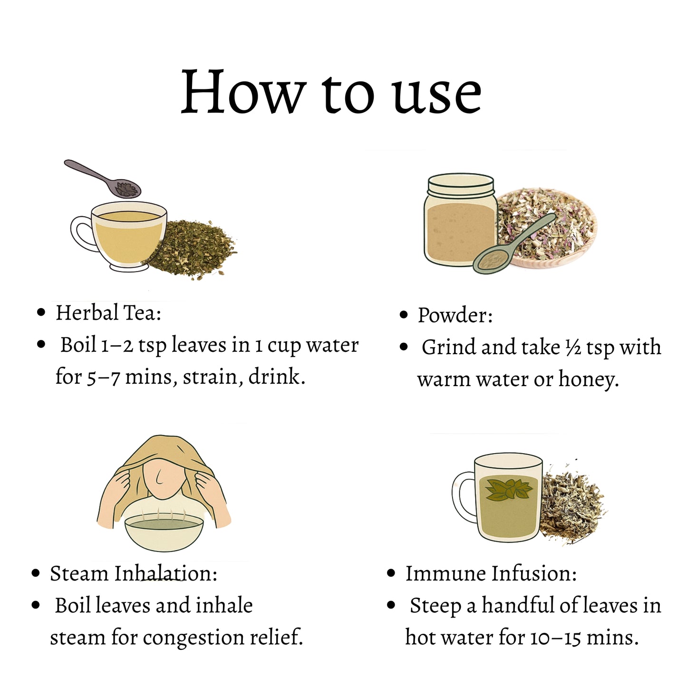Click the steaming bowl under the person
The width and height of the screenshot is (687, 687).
(164, 532)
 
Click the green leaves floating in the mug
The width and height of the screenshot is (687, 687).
(509, 490)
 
